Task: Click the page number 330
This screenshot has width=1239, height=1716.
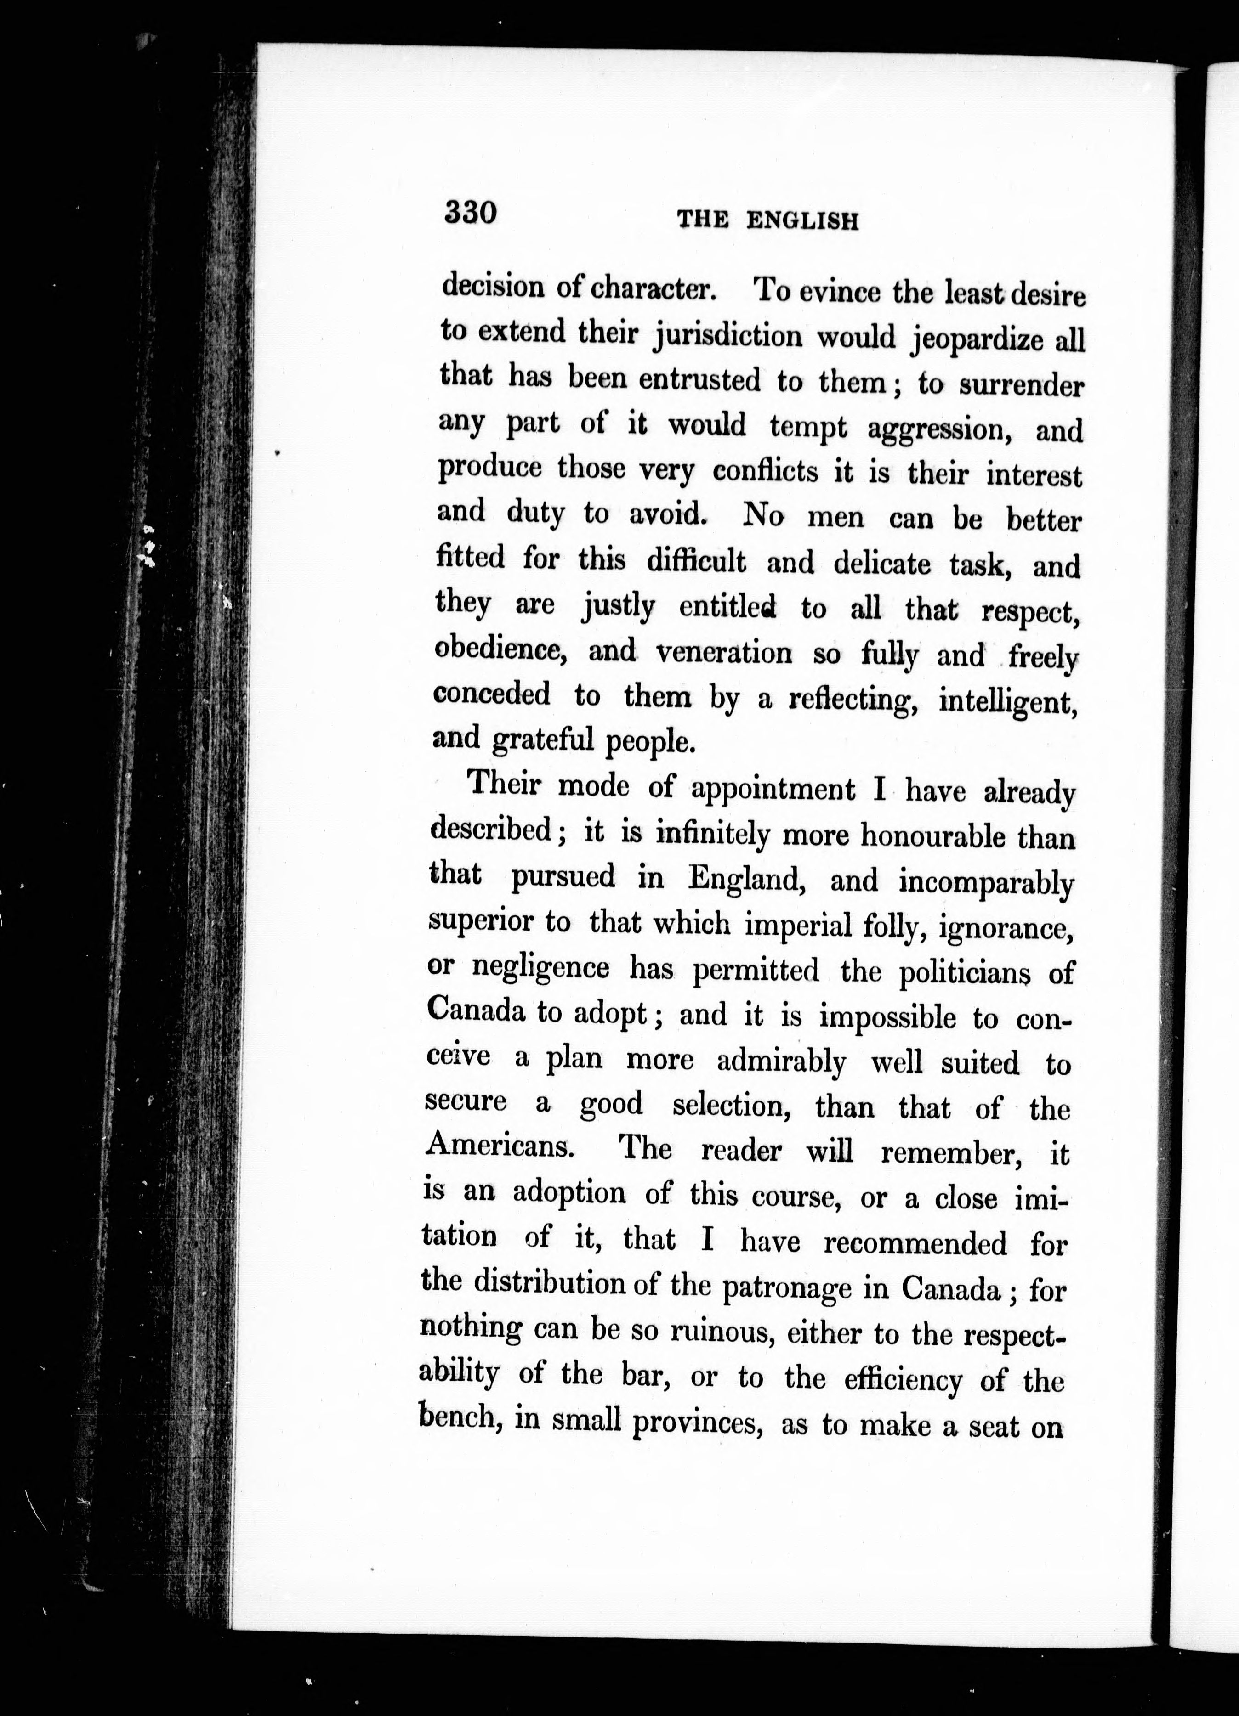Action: click(470, 212)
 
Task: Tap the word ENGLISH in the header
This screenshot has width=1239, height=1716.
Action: click(802, 221)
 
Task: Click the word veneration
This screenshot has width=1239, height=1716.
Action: click(723, 653)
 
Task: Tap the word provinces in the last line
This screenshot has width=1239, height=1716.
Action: click(696, 1423)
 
